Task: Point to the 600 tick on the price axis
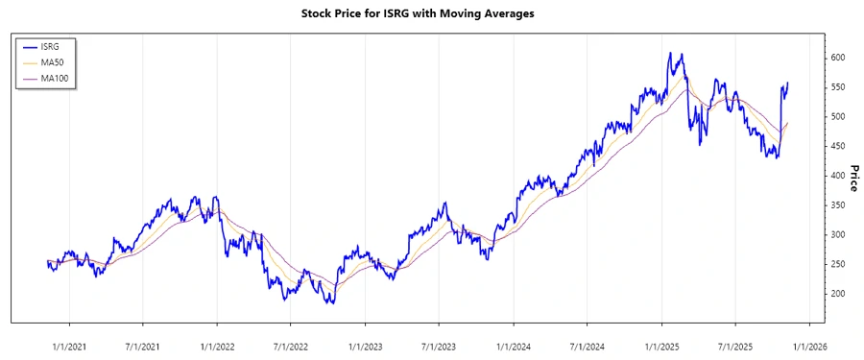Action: (x=838, y=58)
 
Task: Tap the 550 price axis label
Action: (x=838, y=87)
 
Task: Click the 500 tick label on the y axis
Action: (x=838, y=117)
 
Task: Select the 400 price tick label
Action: (x=838, y=176)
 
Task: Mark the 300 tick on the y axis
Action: (x=838, y=234)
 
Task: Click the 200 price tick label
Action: (x=838, y=294)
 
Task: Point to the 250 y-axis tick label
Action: (x=838, y=264)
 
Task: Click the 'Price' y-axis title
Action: (x=852, y=159)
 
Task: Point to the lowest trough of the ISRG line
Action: (x=331, y=304)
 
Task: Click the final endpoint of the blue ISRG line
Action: (x=788, y=84)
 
